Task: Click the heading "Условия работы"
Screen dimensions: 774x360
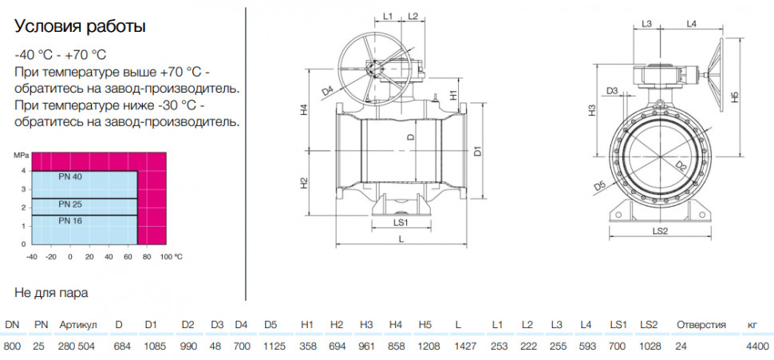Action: (x=80, y=26)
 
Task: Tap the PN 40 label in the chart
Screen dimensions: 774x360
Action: (x=70, y=176)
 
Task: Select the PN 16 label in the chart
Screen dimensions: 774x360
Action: (x=70, y=221)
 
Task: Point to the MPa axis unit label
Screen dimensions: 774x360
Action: (x=22, y=155)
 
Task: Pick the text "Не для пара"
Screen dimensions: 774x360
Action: (x=51, y=293)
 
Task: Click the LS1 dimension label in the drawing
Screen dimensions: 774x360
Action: (x=401, y=222)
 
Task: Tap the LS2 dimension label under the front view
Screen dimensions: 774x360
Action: (x=660, y=231)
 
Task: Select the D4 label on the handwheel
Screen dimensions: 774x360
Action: (x=328, y=91)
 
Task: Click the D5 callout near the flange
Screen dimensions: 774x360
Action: (x=599, y=186)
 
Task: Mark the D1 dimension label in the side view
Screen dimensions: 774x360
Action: (x=477, y=151)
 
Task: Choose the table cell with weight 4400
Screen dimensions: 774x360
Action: (x=758, y=346)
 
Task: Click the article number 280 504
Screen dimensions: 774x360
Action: (x=77, y=346)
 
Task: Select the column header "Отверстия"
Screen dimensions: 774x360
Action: (x=701, y=325)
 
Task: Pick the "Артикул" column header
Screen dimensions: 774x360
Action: (x=78, y=325)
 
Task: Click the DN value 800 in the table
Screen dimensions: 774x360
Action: (x=12, y=346)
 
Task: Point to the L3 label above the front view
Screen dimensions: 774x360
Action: (x=647, y=24)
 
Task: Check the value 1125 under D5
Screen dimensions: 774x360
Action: (x=274, y=346)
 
